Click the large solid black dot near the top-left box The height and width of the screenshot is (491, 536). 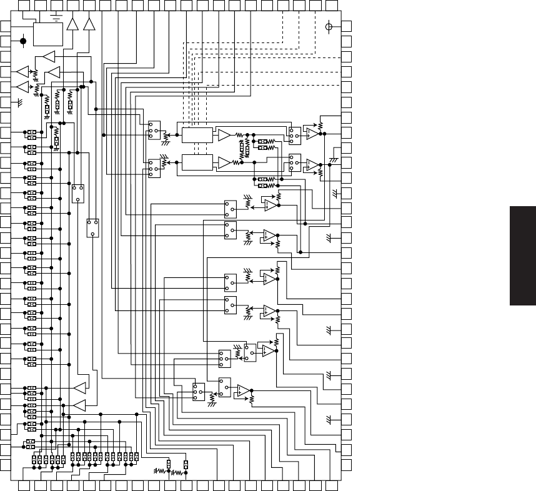click(24, 42)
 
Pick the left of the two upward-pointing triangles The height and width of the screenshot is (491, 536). click(73, 24)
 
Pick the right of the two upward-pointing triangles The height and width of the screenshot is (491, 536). click(89, 24)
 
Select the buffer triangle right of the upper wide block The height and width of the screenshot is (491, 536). click(224, 135)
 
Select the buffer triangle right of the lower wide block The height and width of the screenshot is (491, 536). click(224, 162)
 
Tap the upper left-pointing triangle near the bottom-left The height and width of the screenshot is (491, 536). click(79, 388)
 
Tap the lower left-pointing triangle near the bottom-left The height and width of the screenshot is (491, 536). click(79, 406)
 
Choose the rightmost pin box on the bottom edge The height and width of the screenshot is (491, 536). click(333, 485)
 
